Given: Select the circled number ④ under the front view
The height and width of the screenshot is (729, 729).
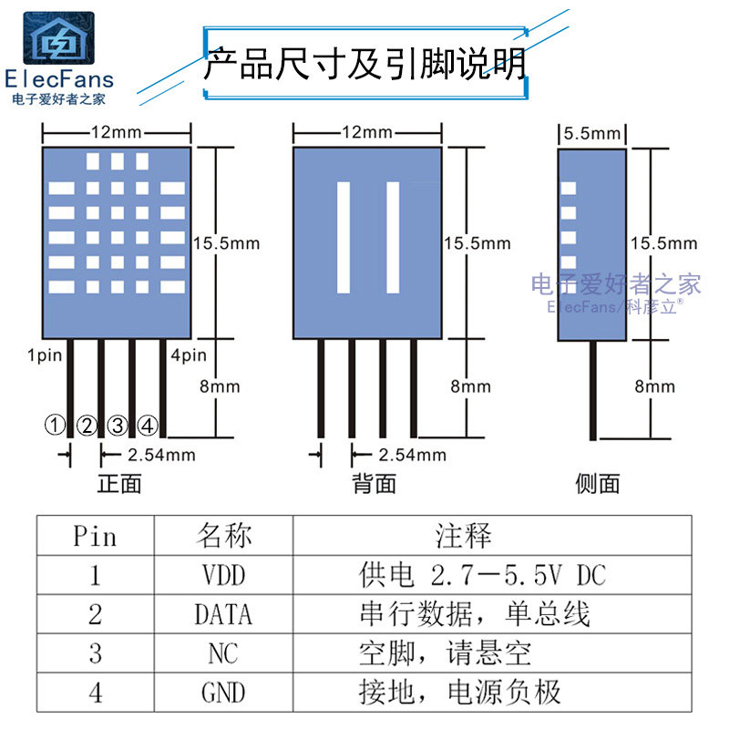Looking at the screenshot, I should tap(148, 425).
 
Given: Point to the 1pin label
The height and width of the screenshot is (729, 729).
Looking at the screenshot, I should tap(45, 354).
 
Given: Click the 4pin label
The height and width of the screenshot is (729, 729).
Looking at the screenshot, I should tap(190, 354).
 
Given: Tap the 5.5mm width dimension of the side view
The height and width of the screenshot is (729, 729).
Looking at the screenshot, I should tap(591, 133).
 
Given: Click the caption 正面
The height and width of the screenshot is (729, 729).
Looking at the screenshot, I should tap(119, 484).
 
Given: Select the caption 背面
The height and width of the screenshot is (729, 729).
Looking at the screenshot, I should tap(374, 484).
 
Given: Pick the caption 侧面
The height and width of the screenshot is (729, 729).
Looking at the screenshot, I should tap(598, 484).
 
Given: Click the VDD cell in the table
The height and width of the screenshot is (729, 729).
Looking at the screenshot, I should tap(223, 576).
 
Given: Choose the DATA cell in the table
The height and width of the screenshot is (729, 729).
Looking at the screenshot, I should tap(223, 614).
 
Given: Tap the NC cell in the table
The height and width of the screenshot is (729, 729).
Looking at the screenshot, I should tap(223, 653).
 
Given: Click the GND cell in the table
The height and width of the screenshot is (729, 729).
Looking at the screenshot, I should tap(223, 693).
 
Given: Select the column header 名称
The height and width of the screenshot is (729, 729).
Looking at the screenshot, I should tap(223, 536).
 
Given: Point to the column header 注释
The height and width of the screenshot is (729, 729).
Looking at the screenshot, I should tap(463, 536).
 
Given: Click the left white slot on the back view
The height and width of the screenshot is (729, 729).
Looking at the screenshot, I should tap(344, 237).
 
